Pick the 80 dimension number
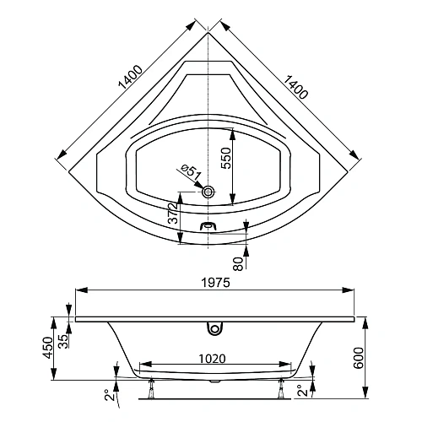[x=239, y=263]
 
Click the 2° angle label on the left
[x=107, y=393]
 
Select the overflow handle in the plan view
[x=209, y=226]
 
